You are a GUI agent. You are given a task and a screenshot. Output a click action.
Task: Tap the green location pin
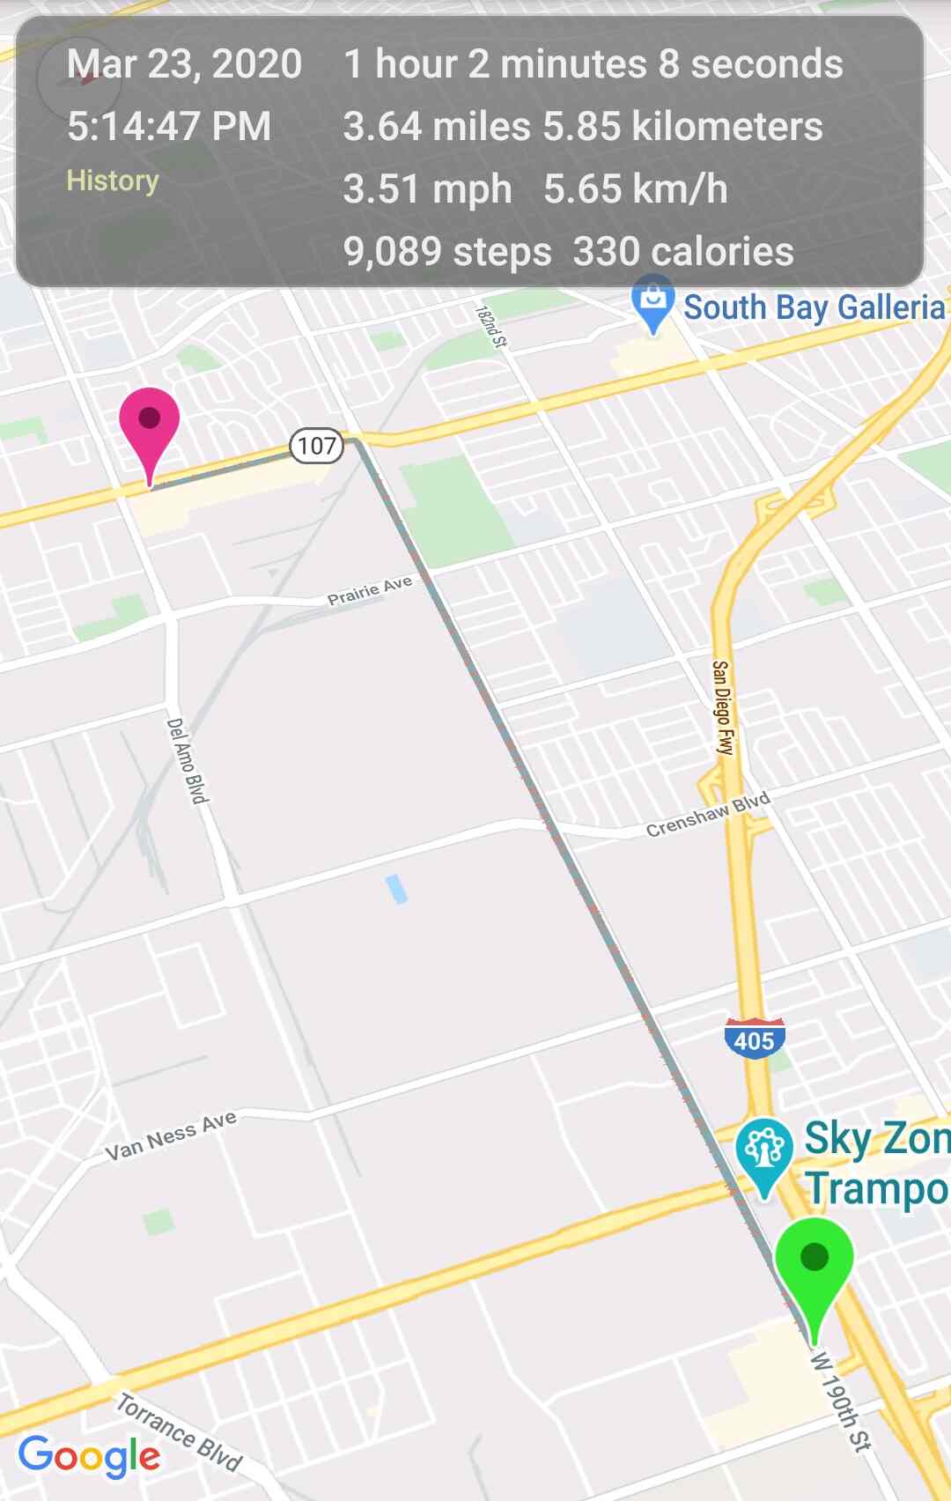pos(815,1264)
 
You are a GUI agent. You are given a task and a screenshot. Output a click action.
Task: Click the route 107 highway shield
pos(317,446)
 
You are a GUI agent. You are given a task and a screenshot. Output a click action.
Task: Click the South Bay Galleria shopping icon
pos(653,301)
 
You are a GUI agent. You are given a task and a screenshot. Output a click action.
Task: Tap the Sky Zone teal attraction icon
pos(763,1150)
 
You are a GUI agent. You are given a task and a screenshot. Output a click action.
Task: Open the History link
pos(113,181)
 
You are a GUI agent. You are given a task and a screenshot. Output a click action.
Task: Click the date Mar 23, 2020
pos(184,64)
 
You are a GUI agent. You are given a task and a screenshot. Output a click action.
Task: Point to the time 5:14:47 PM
pos(169,127)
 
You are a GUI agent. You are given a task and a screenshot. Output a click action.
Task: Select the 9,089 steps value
pos(447,252)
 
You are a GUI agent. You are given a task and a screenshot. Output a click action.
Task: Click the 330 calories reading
pos(683,252)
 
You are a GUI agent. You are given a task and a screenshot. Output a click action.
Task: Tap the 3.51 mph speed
pos(427,189)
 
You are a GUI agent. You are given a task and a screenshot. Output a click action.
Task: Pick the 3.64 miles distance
pos(437,127)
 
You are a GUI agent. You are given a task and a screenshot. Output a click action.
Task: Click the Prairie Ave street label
pos(370,591)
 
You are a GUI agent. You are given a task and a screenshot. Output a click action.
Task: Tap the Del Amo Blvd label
pos(188,760)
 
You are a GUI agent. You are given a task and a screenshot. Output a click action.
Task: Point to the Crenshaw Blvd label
pos(708,815)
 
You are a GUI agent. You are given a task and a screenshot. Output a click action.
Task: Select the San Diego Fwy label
pos(721,707)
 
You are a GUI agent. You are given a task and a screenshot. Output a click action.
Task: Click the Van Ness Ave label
pos(171,1136)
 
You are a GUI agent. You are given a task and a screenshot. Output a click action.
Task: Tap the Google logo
pos(89,1455)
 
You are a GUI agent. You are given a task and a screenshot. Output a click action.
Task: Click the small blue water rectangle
pos(396,889)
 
